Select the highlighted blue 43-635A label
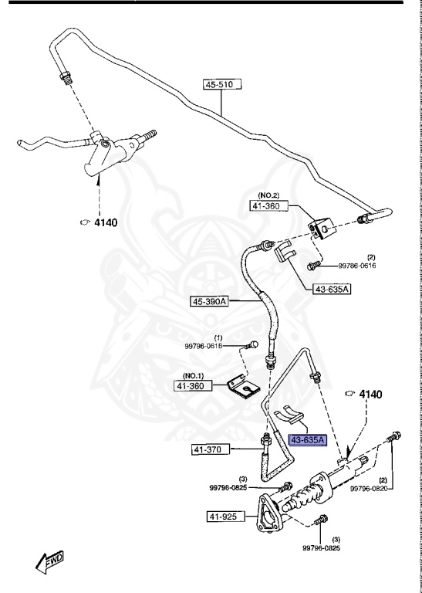tap(308, 440)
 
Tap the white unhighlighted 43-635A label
tap(332, 290)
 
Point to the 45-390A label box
tap(210, 301)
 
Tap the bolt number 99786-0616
tap(356, 266)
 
